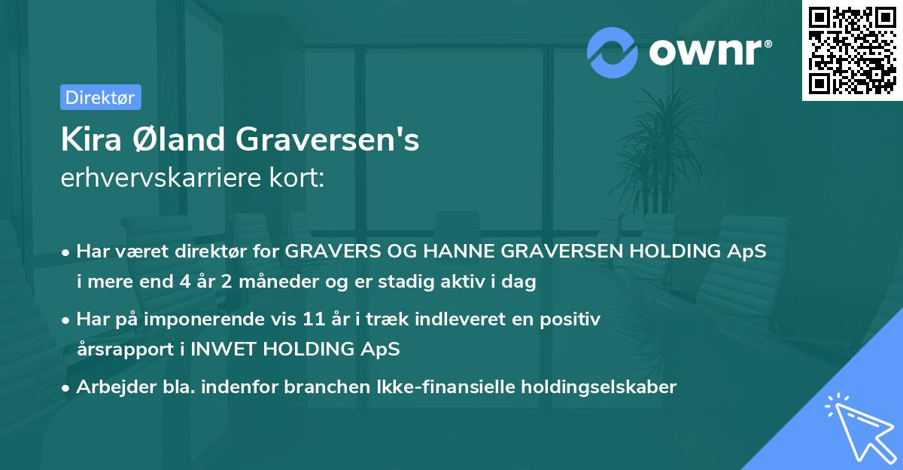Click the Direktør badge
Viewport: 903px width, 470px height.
click(100, 97)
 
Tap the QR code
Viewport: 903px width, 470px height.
click(852, 50)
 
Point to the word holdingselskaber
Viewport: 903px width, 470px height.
click(597, 387)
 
